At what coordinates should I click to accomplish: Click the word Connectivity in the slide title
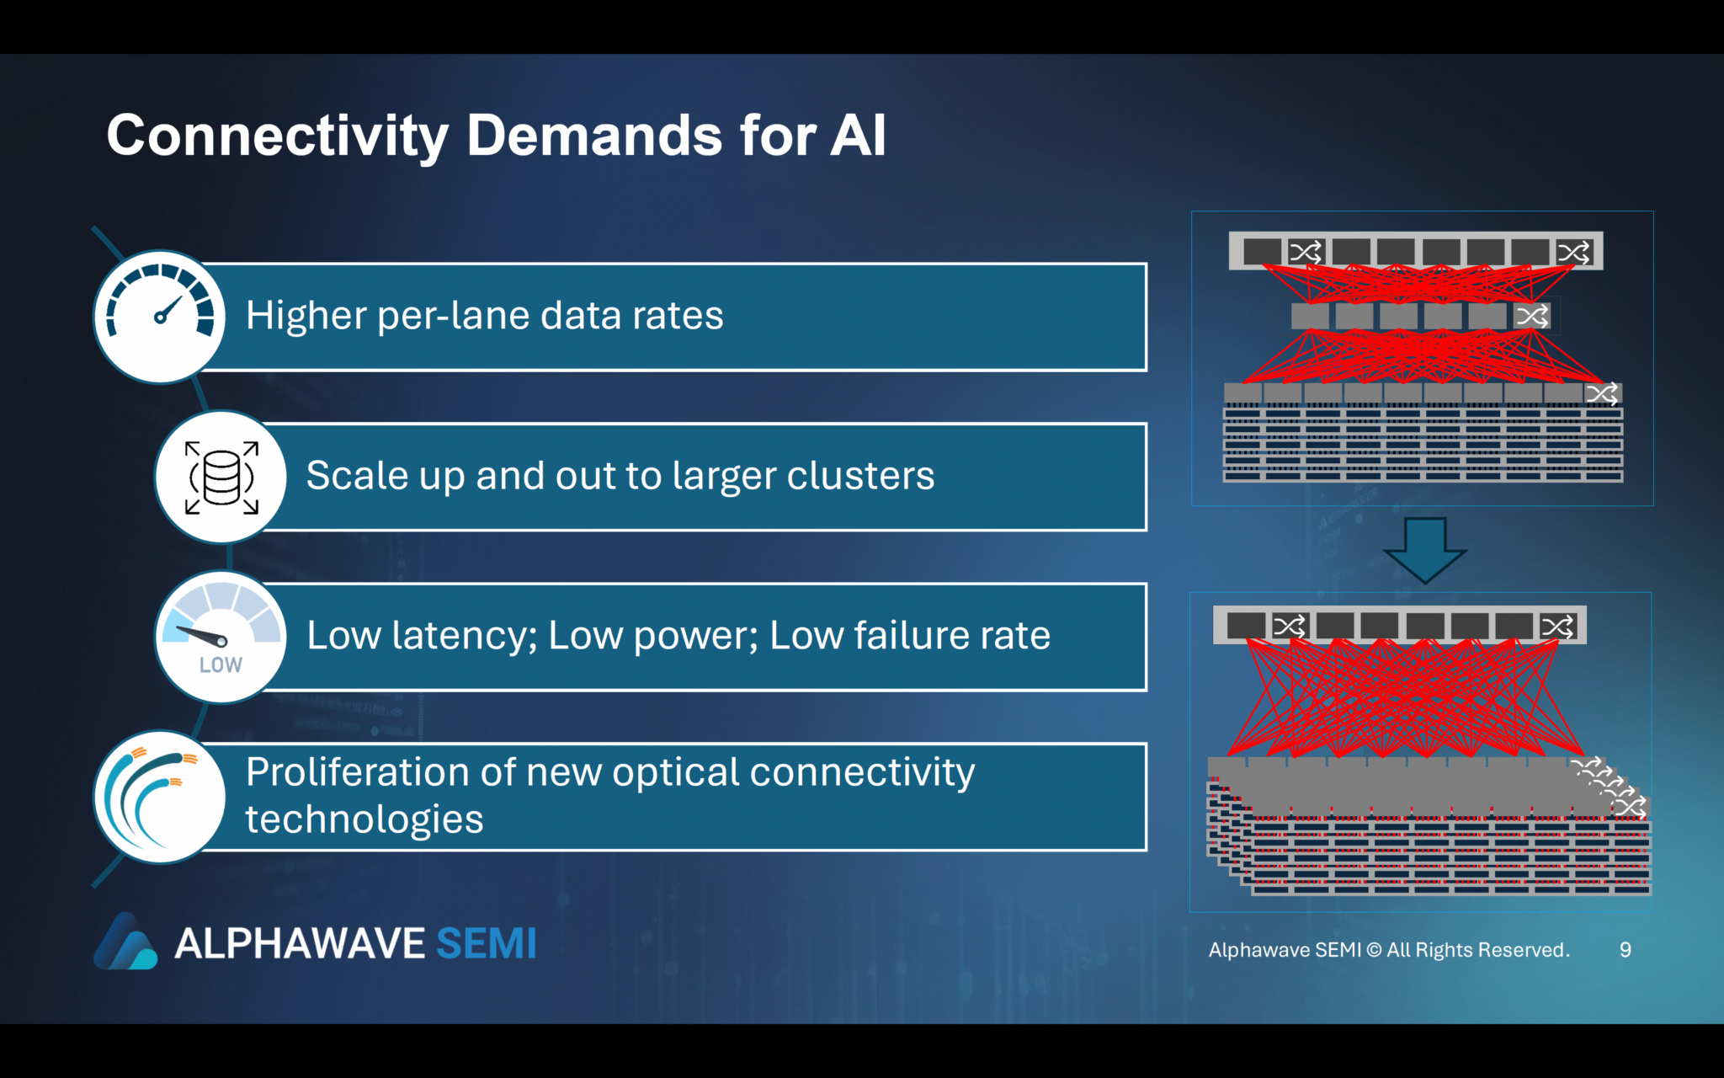point(278,136)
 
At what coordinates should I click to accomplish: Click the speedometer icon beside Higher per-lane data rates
point(160,317)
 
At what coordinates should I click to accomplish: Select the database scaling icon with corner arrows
point(221,477)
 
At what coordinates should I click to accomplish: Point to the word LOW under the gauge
point(221,665)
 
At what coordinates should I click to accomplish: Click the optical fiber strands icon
point(160,797)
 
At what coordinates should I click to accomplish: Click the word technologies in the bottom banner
point(364,819)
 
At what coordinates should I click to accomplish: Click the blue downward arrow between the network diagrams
point(1424,549)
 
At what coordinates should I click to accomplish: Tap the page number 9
point(1625,950)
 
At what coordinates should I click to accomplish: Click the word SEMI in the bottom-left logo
point(486,944)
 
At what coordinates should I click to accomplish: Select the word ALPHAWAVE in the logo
point(300,944)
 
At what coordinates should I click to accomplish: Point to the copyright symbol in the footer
point(1373,950)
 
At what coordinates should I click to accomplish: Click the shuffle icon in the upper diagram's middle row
point(1531,317)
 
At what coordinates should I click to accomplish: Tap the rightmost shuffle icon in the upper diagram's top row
point(1572,252)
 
